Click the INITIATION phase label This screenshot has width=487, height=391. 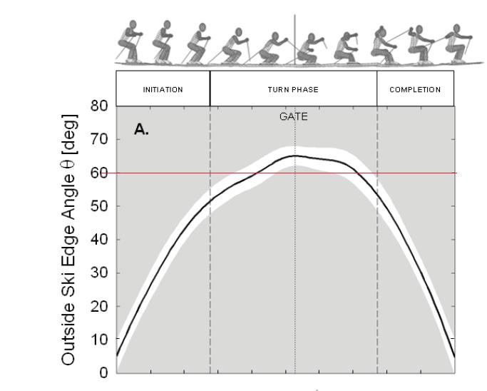(x=163, y=90)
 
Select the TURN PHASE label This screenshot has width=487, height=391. (x=293, y=90)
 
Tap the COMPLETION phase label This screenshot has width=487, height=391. (x=415, y=90)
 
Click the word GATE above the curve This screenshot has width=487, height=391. (x=294, y=118)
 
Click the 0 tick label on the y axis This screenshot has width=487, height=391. (x=104, y=372)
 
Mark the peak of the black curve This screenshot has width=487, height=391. (x=294, y=156)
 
